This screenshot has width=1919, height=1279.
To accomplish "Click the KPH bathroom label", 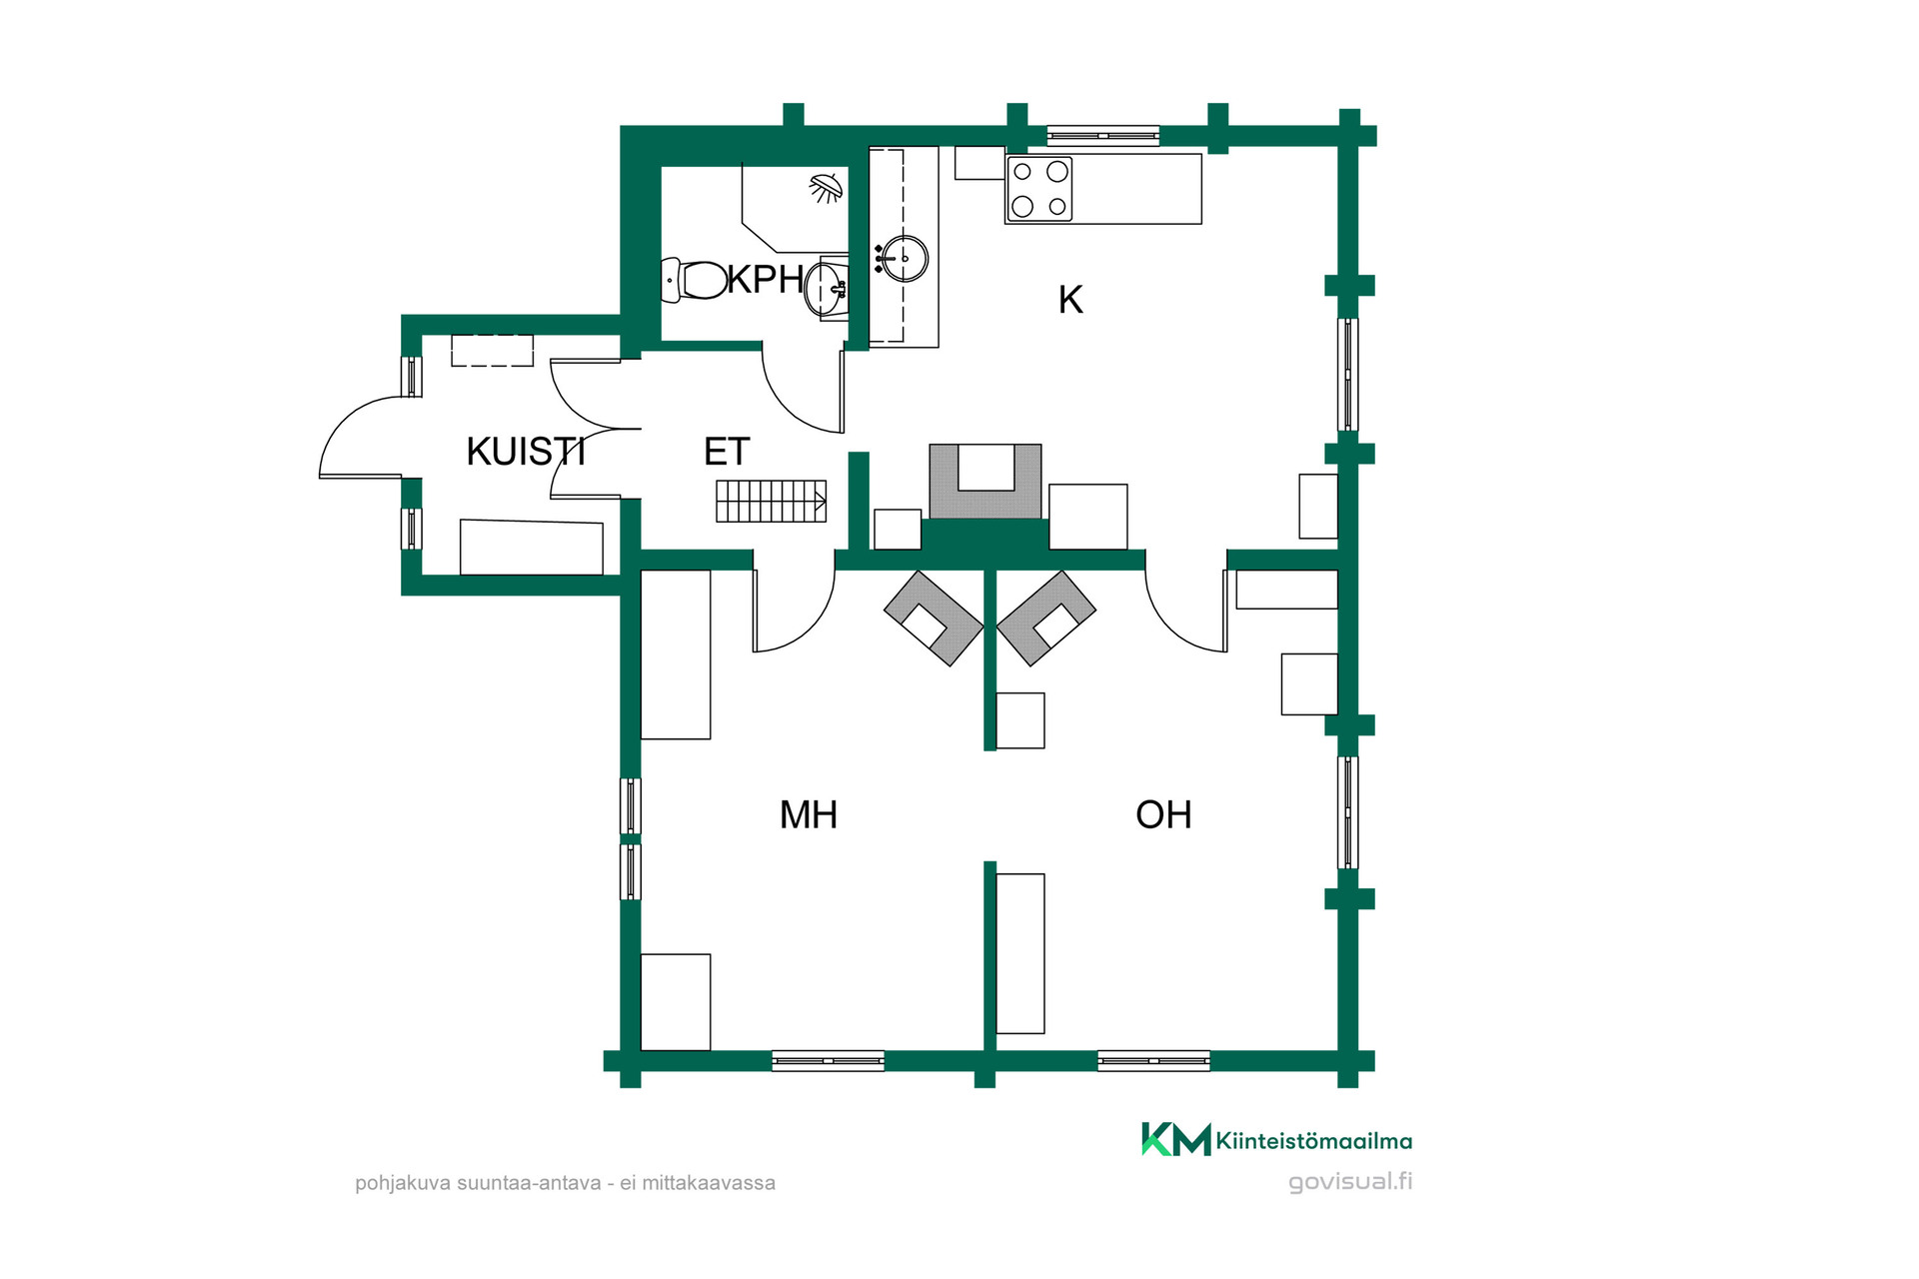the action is point(766,280).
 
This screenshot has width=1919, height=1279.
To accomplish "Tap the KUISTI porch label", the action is point(526,452).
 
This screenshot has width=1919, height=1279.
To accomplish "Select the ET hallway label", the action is point(727,452).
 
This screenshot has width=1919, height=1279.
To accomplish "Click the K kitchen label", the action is point(1070,300).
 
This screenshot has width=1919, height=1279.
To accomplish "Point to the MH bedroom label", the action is point(809,815).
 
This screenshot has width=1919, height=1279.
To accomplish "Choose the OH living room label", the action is point(1163,815).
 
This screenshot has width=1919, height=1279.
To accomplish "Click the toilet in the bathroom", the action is point(695,281).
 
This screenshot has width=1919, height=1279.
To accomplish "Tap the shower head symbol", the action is point(826,187).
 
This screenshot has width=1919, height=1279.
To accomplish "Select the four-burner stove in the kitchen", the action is point(1039,189).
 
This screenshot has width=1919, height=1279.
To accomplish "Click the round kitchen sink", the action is point(905,258).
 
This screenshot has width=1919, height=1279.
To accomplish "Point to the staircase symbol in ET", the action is point(771,501).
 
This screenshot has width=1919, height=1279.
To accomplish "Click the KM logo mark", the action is point(1176,1139).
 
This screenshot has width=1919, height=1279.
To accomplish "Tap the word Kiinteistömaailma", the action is point(1314,1141).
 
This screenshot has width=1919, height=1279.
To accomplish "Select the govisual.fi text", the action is point(1350,1182).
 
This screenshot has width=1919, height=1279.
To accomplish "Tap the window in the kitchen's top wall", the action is point(1103,136).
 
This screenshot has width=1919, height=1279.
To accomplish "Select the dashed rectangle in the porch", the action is point(492,351).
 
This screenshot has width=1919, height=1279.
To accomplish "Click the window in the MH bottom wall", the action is point(829,1060).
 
